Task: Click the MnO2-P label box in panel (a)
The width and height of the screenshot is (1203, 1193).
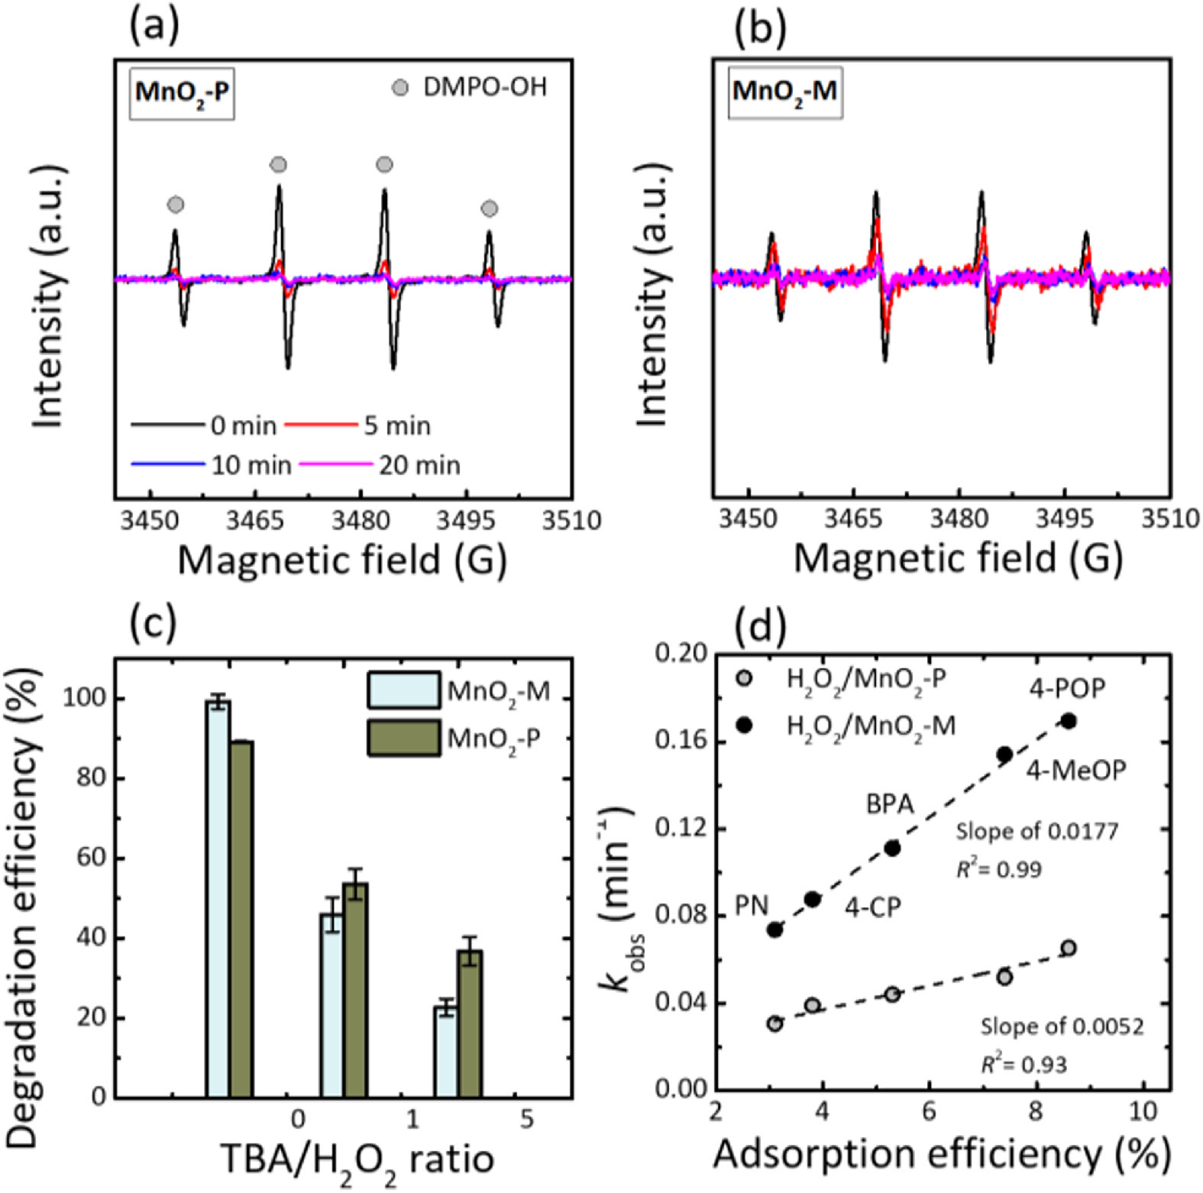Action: (x=182, y=93)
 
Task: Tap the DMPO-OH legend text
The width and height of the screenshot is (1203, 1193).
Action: (x=485, y=88)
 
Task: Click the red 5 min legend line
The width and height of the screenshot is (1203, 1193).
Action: (x=321, y=425)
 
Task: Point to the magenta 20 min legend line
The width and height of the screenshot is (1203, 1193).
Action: (x=336, y=464)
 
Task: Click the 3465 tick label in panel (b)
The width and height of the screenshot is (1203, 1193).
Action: (x=854, y=519)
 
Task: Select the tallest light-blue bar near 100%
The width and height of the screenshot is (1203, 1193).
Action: (x=218, y=898)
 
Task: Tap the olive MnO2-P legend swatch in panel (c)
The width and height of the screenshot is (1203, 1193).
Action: (x=403, y=738)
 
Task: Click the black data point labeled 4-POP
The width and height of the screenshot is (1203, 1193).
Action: (x=1069, y=721)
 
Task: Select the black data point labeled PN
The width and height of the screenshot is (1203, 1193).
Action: (x=775, y=930)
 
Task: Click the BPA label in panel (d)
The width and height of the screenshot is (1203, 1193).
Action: (x=890, y=804)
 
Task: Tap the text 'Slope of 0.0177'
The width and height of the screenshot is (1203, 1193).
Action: (x=1036, y=831)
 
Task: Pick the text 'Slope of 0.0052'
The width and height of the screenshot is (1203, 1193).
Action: (x=1062, y=1026)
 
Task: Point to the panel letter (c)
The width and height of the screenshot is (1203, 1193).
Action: (x=153, y=623)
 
